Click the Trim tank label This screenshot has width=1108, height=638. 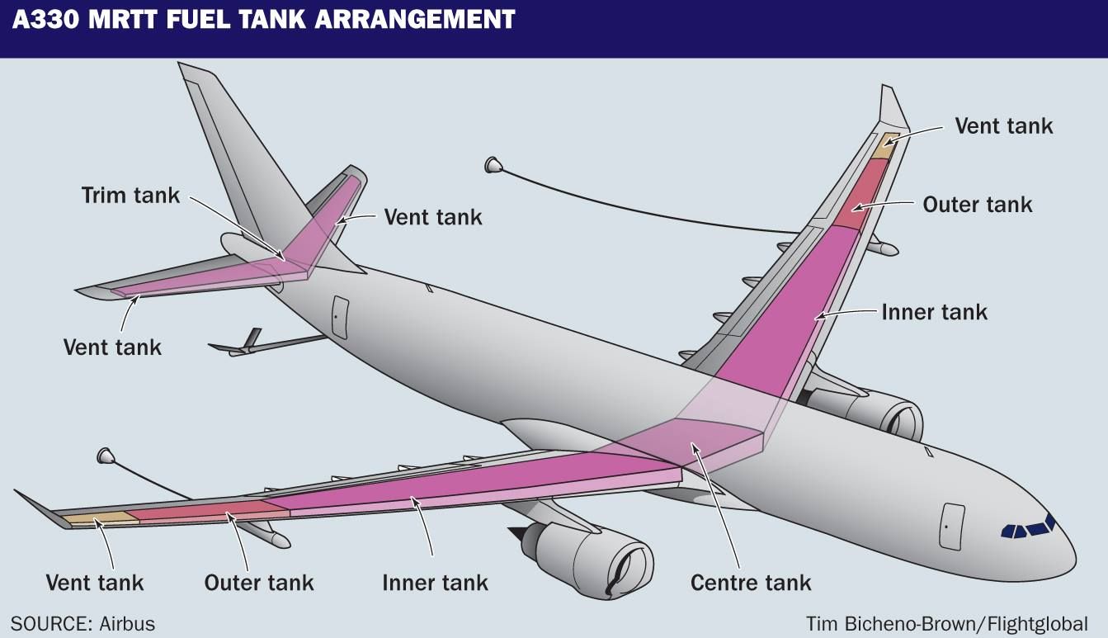pos(130,196)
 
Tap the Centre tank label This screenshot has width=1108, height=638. pos(751,583)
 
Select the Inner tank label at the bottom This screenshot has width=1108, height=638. pos(435,583)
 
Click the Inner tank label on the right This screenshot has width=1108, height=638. pos(934,312)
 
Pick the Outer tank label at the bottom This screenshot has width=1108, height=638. pos(259,583)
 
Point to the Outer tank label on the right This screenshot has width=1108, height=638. pos(977,204)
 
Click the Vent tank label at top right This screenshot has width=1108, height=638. pos(1003,125)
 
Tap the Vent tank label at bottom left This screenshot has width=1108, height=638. pos(95,583)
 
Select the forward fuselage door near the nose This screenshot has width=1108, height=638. pos(952,525)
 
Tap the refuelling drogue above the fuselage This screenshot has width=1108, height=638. pos(493,165)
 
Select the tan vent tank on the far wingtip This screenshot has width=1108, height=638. pos(886,145)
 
